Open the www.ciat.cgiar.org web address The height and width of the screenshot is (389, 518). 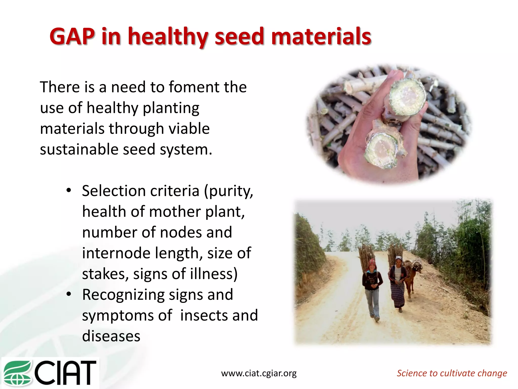(259, 373)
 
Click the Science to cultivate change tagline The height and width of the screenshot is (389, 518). (452, 373)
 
